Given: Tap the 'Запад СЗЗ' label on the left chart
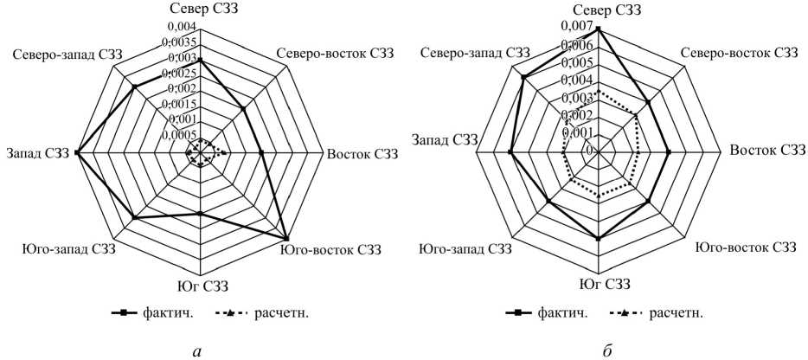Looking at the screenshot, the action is (37, 153).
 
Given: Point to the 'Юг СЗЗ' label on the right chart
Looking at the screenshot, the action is (599, 285).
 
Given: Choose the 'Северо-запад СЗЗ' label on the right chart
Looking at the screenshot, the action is (475, 54).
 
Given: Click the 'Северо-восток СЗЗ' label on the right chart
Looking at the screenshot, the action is (739, 54).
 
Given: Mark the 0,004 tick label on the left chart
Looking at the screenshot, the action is (185, 28).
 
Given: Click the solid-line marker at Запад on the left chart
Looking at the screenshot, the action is (76, 152).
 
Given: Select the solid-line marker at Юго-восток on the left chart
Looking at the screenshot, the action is (287, 240).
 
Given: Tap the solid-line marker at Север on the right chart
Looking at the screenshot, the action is (599, 29).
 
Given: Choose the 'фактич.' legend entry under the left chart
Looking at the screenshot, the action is (149, 312).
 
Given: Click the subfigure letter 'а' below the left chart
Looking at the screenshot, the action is (200, 350).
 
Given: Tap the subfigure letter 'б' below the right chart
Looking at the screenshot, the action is (599, 350).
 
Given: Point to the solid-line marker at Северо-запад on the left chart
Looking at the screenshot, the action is (134, 87).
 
